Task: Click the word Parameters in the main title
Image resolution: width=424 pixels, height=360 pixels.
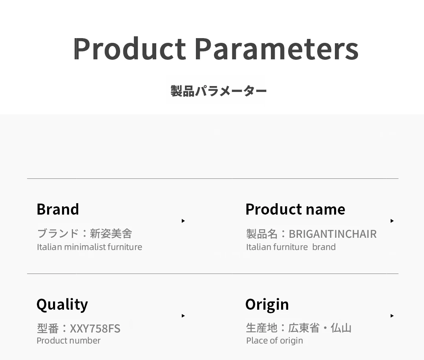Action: (x=277, y=49)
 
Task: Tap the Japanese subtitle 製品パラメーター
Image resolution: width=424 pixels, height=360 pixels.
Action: (x=219, y=91)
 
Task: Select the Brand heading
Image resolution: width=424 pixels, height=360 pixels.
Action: (x=58, y=209)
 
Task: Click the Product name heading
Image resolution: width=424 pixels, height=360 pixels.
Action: (x=295, y=209)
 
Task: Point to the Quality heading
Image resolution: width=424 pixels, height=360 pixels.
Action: (x=62, y=305)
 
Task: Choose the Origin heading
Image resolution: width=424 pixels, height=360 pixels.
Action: (x=267, y=305)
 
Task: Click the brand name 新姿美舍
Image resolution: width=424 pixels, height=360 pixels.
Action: (x=111, y=233)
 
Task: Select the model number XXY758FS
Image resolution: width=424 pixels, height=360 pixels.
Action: (x=95, y=329)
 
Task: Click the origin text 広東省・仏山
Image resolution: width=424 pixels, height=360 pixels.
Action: (x=320, y=328)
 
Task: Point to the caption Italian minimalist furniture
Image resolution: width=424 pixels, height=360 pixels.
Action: (x=90, y=247)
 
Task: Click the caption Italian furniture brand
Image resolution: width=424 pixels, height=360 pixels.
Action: (x=291, y=247)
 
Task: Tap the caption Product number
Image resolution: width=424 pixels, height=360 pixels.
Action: (x=68, y=340)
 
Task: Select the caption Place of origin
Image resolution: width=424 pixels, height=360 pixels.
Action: (x=274, y=341)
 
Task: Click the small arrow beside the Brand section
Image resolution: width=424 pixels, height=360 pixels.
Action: (x=183, y=221)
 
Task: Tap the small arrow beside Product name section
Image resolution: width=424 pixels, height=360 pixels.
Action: (x=392, y=221)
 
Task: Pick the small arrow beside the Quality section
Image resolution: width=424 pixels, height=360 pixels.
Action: (x=183, y=316)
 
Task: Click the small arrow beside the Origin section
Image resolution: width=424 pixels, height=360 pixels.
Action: (x=392, y=316)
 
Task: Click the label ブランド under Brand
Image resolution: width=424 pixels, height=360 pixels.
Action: (x=58, y=233)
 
